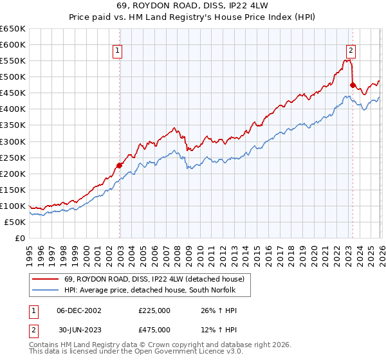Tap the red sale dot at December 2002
120,165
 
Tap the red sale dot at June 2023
353,84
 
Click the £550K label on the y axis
13,61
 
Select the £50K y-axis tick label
15,222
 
